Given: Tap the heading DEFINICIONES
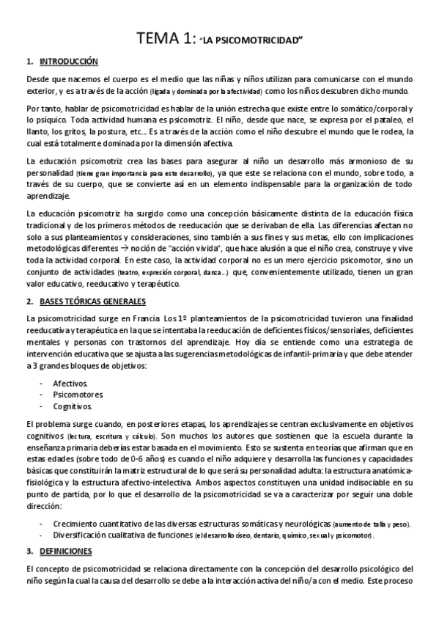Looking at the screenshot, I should pos(67,549).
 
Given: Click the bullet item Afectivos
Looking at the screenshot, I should pos(70,384).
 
